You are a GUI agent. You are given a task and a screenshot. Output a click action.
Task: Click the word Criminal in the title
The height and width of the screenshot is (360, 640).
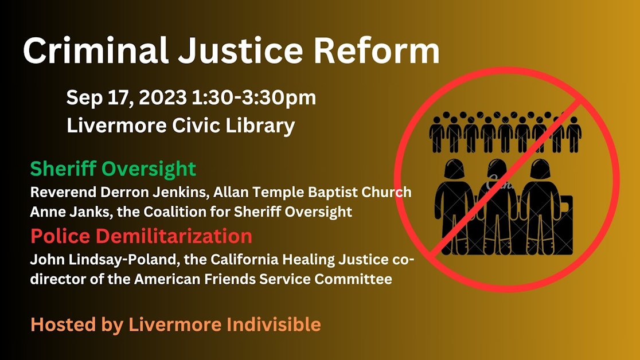tap(96, 50)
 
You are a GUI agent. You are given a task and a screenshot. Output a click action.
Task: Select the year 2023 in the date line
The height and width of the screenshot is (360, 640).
tap(162, 97)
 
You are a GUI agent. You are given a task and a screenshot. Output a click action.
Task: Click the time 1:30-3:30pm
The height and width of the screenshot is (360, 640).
tap(253, 98)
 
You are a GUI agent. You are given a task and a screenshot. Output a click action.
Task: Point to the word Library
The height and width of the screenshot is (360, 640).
tap(260, 126)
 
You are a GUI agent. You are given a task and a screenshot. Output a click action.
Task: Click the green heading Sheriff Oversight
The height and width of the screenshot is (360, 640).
tap(113, 169)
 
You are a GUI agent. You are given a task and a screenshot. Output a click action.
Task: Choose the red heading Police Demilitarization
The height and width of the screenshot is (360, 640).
tap(141, 236)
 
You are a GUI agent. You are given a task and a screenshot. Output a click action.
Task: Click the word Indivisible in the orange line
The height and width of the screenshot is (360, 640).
tap(274, 324)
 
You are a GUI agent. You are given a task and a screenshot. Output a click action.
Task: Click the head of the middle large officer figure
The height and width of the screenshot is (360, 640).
tap(497, 168)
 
